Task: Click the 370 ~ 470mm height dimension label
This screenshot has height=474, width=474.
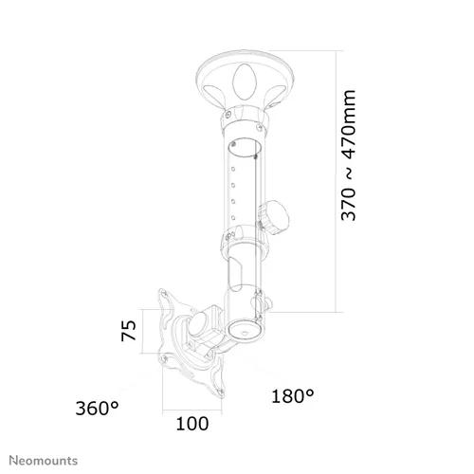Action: [349, 155]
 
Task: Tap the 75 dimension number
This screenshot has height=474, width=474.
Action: [129, 331]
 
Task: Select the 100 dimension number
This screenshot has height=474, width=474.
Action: [192, 424]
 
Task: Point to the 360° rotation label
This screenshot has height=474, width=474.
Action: [97, 408]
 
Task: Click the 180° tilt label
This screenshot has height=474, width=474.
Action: [293, 396]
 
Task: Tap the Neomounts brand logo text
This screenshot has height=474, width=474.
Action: [44, 461]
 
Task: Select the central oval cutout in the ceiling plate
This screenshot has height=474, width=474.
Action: [245, 81]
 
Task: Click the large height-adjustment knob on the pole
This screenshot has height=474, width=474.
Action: [274, 217]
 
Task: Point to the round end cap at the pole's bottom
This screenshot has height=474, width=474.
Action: [245, 331]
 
